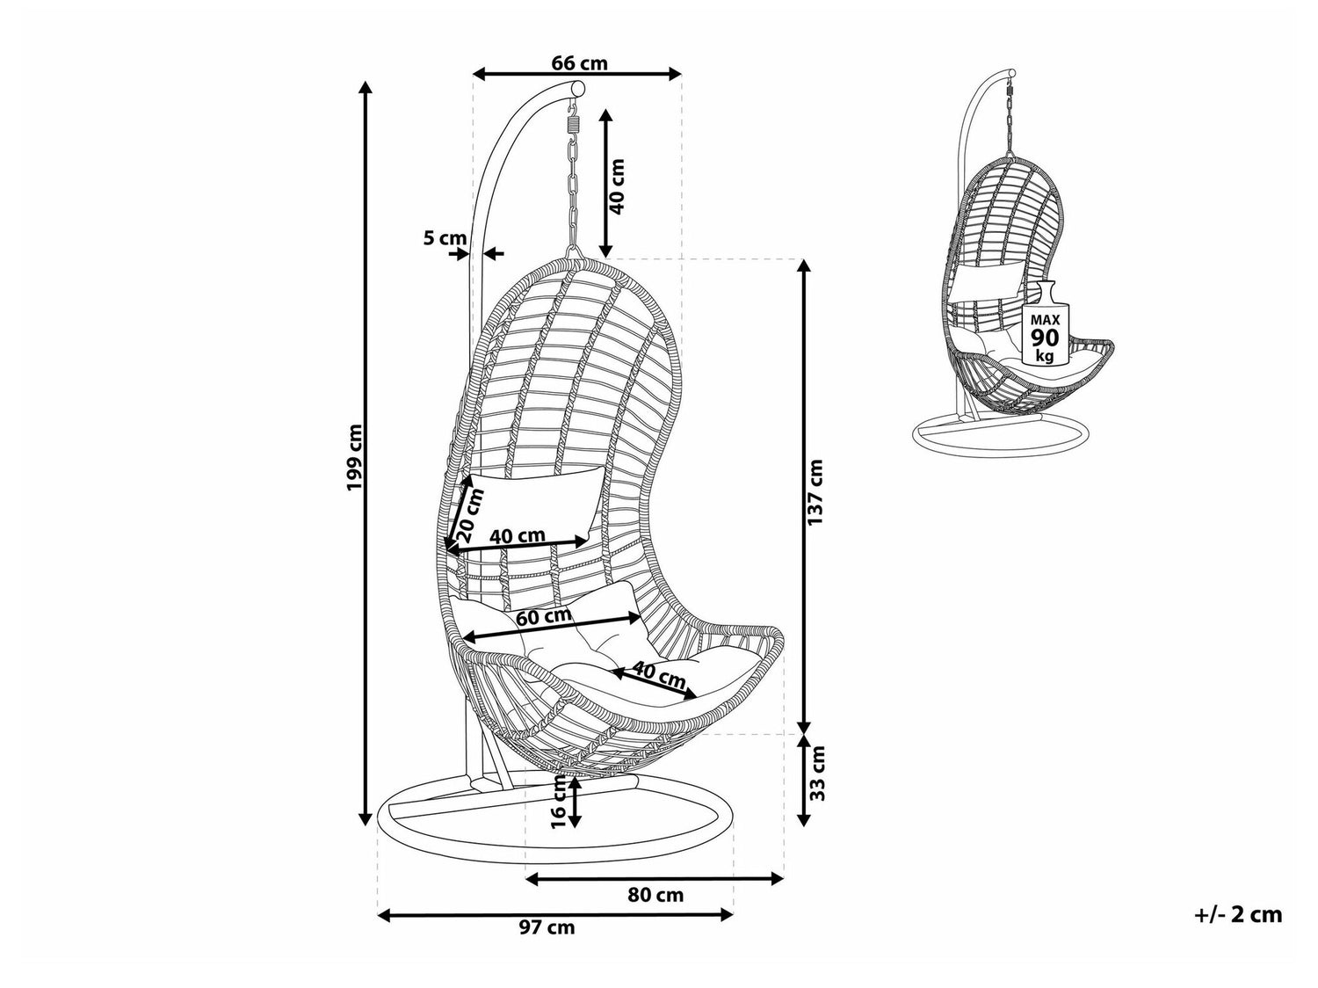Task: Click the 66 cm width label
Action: point(579,63)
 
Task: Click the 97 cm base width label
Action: point(553,927)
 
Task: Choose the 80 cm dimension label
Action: point(655,896)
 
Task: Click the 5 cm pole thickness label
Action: point(444,238)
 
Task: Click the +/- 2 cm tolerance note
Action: point(1238,915)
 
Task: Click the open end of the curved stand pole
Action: point(577,90)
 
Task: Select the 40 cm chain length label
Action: point(617,186)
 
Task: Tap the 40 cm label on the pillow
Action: point(517,535)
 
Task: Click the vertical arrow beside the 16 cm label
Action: point(575,801)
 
